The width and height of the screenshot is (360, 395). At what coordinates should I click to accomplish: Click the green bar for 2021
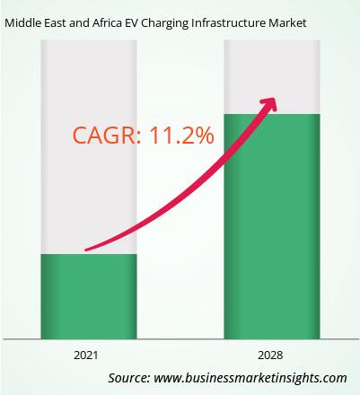[x=89, y=296]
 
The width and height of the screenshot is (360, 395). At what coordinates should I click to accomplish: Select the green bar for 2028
[x=272, y=226]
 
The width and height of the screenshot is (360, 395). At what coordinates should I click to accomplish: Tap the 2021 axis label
[x=86, y=355]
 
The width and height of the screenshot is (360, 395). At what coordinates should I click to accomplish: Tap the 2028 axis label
[x=270, y=355]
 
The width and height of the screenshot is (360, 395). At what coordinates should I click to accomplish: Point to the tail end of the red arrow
[x=86, y=250]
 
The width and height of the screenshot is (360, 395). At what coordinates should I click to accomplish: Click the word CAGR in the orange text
[x=105, y=136]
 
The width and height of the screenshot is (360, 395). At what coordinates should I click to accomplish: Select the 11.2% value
[x=181, y=136]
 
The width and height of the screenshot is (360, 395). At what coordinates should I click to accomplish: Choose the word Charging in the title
[x=165, y=24]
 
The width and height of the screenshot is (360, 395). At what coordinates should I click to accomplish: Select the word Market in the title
[x=287, y=23]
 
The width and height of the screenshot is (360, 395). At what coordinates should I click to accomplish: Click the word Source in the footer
[x=129, y=378]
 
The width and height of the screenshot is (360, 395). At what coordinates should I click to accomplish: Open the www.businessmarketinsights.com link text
[x=250, y=378]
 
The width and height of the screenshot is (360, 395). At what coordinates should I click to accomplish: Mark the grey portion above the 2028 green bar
[x=272, y=77]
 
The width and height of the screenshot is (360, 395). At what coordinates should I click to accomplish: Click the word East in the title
[x=56, y=23]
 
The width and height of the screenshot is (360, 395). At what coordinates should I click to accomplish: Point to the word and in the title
[x=79, y=23]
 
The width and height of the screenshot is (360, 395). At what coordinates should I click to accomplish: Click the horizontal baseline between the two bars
[x=180, y=339]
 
